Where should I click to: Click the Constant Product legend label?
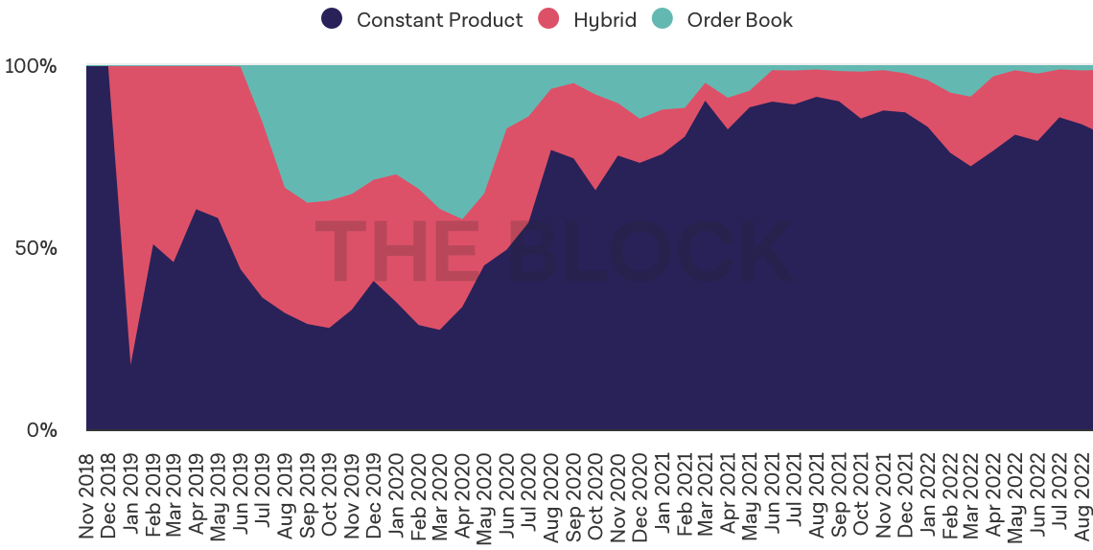(439, 20)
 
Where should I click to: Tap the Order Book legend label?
(739, 20)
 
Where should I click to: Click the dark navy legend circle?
(332, 19)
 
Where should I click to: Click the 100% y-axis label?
(31, 67)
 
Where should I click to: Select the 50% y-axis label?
(35, 248)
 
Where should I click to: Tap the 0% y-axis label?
(40, 430)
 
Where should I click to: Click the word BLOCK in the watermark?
(652, 251)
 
